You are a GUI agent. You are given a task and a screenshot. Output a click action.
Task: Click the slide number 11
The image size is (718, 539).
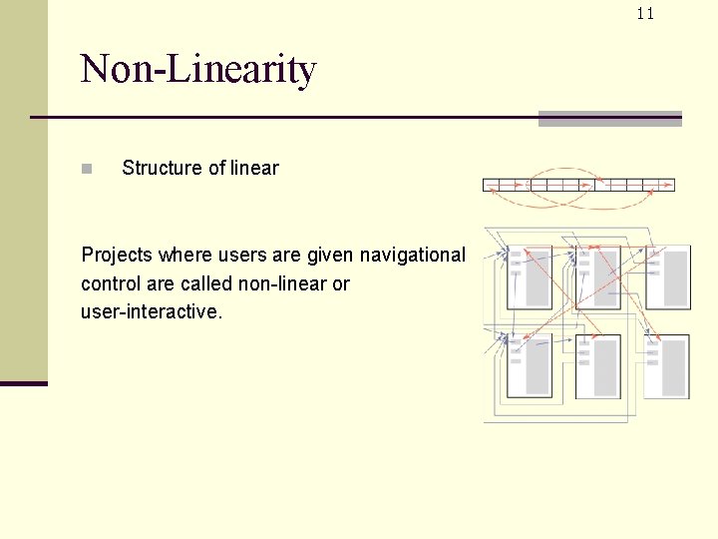645,13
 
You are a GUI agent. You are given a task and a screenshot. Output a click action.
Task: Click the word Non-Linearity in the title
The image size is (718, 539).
198,70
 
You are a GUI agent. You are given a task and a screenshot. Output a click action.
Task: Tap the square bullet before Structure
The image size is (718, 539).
87,169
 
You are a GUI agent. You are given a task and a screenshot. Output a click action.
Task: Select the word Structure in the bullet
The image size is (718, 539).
161,168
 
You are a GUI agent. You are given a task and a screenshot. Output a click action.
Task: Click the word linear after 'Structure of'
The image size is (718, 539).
254,168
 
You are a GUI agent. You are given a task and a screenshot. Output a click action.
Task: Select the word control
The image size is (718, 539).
111,283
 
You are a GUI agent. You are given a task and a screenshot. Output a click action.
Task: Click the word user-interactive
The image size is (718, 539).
151,311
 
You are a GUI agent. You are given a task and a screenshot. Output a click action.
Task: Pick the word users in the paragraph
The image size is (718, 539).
228,256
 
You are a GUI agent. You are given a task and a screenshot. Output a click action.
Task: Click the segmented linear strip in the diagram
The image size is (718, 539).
578,185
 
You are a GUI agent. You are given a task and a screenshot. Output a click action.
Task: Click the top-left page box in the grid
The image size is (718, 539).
529,276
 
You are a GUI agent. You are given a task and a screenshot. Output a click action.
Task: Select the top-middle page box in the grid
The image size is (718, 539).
597,276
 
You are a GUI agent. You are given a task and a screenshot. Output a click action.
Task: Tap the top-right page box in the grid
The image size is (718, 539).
667,276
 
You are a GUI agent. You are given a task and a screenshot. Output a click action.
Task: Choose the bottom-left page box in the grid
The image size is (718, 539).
529,365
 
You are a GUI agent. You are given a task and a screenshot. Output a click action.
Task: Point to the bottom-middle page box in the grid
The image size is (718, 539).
597,365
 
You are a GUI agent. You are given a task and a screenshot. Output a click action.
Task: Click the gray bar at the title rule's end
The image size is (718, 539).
609,119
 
